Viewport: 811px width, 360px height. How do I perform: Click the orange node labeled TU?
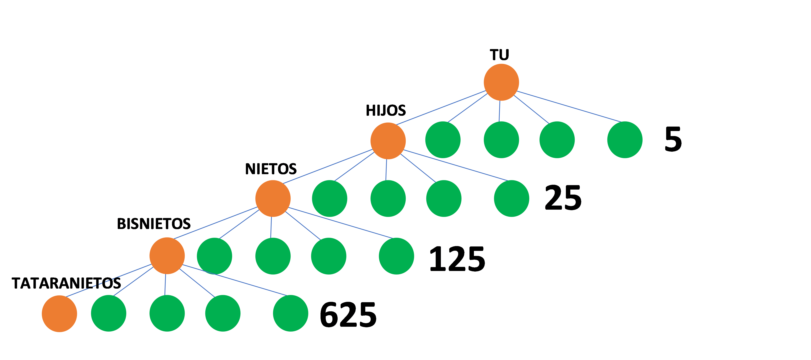[501, 82]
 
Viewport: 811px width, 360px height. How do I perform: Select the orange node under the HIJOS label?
[388, 141]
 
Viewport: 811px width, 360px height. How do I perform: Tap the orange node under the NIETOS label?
[273, 198]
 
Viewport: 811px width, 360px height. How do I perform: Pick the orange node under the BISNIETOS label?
[167, 256]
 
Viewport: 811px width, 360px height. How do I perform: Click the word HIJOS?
[387, 110]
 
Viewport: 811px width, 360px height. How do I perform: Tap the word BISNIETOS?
[154, 224]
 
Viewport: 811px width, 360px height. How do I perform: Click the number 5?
[673, 139]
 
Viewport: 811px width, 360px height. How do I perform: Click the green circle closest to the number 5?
[625, 140]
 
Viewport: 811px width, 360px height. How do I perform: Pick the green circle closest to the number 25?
[511, 198]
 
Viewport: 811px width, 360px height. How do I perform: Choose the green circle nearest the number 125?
[396, 256]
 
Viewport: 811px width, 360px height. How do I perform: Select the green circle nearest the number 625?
[290, 313]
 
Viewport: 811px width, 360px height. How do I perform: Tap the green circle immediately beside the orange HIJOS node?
[443, 140]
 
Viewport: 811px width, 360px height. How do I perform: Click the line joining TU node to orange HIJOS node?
[441, 108]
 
